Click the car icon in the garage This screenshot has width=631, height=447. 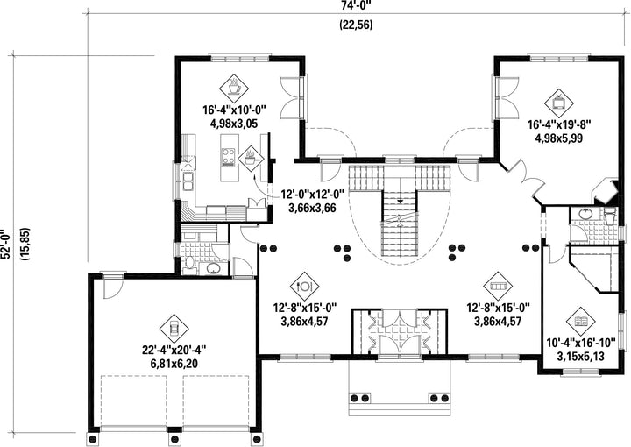174,329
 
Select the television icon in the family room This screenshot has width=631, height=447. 559,103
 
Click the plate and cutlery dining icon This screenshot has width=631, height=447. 304,287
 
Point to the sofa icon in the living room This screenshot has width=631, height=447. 498,287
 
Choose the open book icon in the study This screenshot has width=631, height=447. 581,322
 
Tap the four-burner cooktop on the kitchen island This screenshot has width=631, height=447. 228,157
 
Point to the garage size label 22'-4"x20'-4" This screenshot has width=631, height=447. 174,350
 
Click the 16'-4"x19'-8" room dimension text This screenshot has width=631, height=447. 559,124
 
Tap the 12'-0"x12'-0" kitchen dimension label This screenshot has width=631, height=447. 312,195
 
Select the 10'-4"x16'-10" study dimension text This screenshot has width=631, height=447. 581,343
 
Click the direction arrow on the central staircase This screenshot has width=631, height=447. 400,201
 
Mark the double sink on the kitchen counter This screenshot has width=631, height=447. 188,181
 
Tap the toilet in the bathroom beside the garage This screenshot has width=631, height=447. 189,265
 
